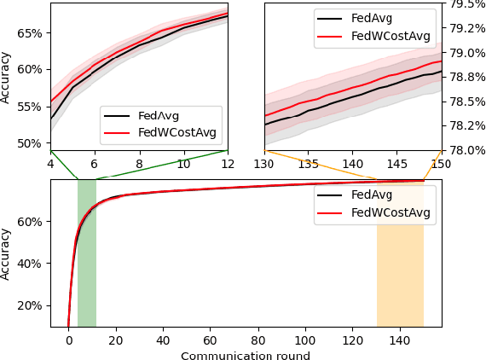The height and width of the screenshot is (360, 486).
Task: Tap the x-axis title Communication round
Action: [246, 355]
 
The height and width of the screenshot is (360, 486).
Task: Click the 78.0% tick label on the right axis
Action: [464, 150]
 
